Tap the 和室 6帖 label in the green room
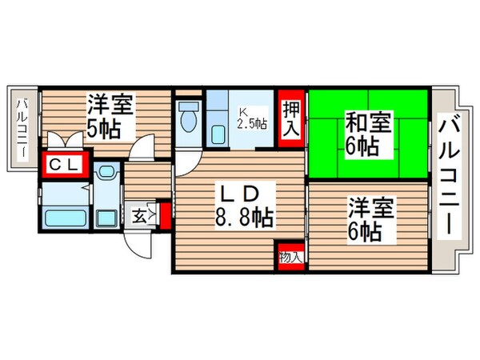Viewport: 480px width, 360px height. (x=366, y=135)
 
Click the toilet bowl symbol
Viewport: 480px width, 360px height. (x=189, y=121)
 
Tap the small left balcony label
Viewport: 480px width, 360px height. (x=23, y=128)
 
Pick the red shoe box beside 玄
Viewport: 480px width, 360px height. (x=165, y=215)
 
